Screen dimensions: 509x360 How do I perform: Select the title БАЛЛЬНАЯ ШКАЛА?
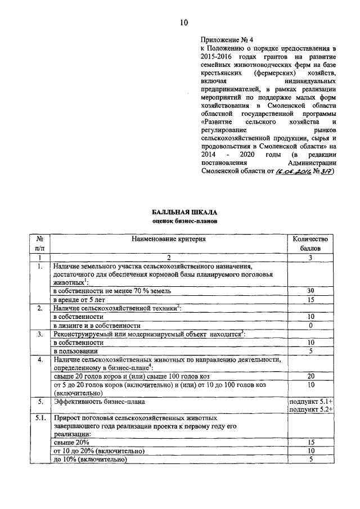(x=184, y=212)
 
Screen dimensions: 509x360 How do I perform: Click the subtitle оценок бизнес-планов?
(x=184, y=221)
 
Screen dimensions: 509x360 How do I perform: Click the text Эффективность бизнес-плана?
(x=92, y=402)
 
